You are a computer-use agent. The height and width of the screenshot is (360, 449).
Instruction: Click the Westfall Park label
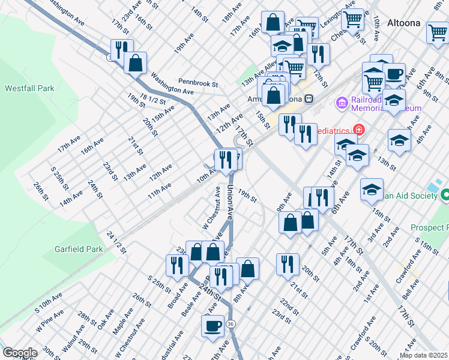(29, 88)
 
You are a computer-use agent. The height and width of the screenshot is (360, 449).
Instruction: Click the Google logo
(19, 353)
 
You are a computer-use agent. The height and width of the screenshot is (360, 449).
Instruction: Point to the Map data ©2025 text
(423, 355)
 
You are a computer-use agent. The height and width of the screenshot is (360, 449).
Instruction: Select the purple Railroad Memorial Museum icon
(342, 103)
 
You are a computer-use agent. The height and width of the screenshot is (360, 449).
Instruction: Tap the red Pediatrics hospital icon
(359, 129)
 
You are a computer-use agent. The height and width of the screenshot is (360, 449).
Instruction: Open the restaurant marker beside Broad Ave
(176, 265)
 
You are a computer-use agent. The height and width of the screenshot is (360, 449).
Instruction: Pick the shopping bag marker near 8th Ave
(247, 268)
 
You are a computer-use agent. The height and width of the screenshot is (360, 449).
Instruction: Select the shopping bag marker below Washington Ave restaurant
(136, 62)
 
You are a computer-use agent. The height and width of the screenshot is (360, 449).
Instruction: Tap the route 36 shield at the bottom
(232, 323)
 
